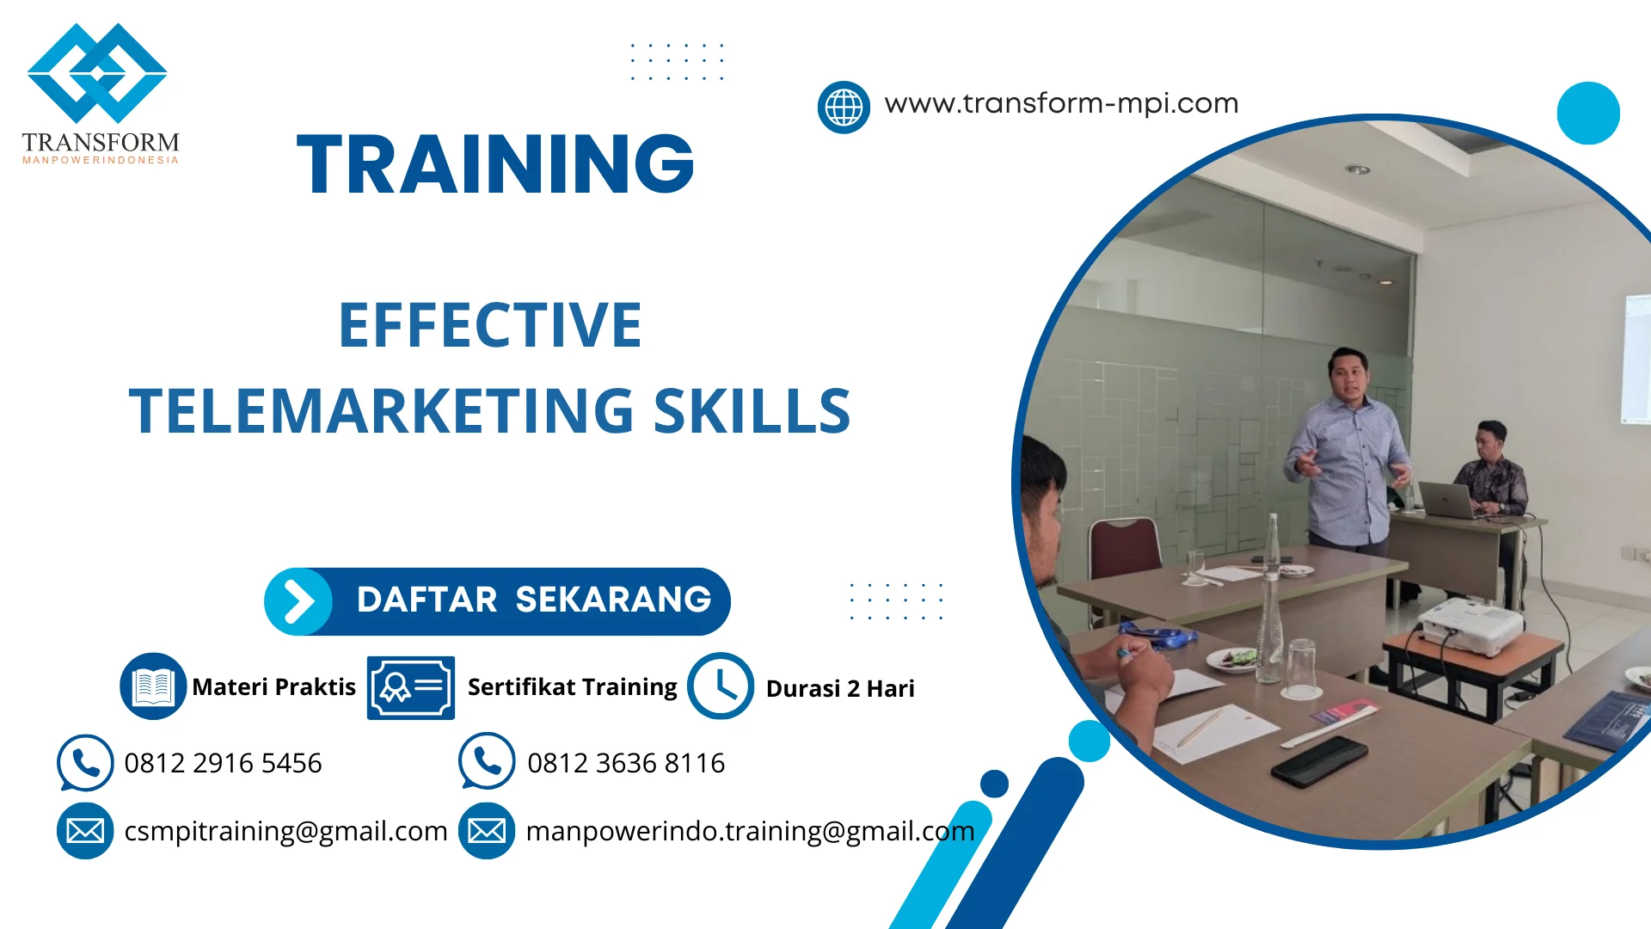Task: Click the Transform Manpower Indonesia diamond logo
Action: coord(97,74)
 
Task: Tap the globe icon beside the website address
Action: coord(844,108)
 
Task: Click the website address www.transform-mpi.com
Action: coord(1061,104)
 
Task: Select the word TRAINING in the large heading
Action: coord(495,164)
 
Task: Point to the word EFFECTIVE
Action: coord(490,325)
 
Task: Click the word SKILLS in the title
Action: coord(752,411)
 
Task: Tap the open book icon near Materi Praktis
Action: coord(153,686)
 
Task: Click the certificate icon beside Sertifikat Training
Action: coord(411,687)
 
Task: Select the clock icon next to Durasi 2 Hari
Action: coord(721,686)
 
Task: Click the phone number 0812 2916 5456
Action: coord(223,763)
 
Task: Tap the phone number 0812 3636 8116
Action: coord(626,763)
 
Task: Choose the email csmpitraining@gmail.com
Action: coord(285,831)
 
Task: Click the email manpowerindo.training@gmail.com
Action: coord(750,831)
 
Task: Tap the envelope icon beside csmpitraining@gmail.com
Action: coord(85,831)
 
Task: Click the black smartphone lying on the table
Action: coord(1319,760)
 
